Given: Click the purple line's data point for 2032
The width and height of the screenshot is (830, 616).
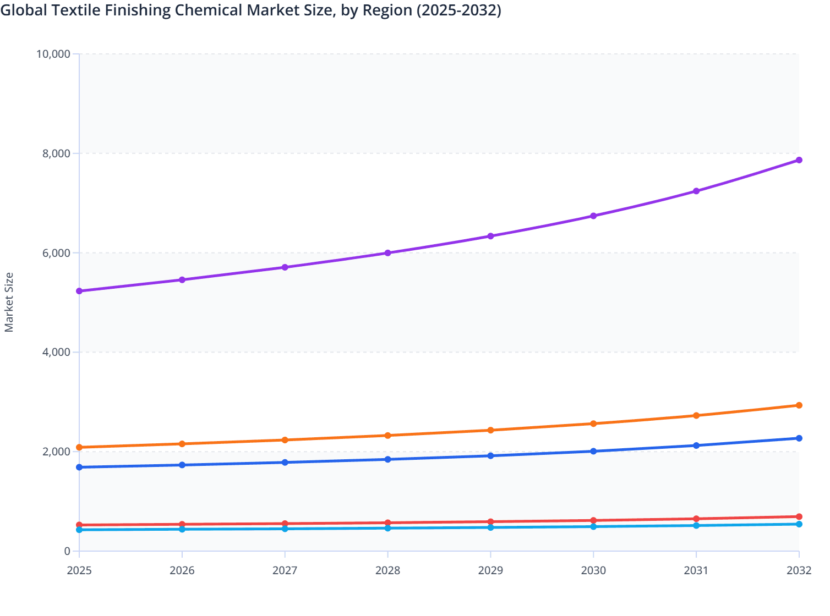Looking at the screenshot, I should (799, 160).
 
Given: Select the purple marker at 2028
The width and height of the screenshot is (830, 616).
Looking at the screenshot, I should (387, 253).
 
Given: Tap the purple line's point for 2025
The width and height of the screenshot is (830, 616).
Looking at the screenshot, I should (79, 291).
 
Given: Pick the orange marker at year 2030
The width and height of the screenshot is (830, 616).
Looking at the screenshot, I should (593, 424).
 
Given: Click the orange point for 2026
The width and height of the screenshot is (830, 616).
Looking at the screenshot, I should (182, 444).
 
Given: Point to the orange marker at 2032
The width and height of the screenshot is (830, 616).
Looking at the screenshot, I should (799, 405).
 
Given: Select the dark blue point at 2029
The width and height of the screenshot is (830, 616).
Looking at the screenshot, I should (490, 455).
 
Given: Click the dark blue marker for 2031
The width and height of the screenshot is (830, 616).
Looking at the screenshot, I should (696, 446).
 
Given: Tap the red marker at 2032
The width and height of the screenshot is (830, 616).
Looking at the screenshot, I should (799, 516).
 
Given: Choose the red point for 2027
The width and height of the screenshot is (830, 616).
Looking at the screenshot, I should (285, 524).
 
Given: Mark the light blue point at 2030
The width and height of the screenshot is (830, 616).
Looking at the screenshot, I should (593, 527).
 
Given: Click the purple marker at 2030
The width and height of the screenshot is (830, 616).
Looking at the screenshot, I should (593, 216).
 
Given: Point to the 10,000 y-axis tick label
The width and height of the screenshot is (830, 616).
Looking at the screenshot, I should (53, 54).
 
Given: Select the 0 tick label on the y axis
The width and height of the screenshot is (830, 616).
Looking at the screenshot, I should (67, 551).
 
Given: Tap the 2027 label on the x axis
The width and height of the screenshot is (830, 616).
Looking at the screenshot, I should (285, 570).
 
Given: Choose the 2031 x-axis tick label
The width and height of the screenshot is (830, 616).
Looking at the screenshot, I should (696, 570).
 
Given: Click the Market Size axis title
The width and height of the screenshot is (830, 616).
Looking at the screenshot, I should (9, 302).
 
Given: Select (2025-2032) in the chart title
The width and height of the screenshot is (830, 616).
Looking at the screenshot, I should (458, 10).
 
